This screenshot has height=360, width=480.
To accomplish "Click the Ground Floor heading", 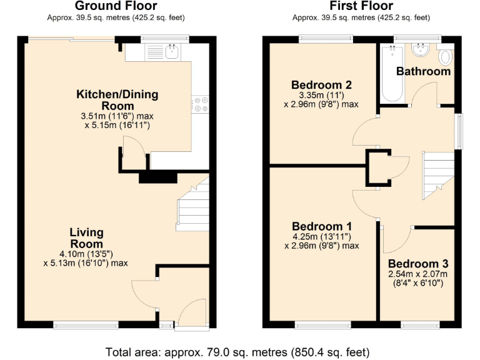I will pos(117,6).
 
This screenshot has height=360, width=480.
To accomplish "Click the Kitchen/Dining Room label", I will pos(117,100).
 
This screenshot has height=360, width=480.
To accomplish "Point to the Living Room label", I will pos(86,238).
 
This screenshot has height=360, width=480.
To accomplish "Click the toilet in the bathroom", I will pos(446,57).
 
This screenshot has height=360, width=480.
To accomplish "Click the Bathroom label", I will pos(423,71).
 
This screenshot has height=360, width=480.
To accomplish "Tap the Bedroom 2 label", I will pos(321,85).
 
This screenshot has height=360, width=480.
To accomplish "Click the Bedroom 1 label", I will pos(322,226).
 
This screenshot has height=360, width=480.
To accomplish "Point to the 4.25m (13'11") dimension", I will pos(322,236).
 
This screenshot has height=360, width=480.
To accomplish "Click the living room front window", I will pos(86,324).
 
